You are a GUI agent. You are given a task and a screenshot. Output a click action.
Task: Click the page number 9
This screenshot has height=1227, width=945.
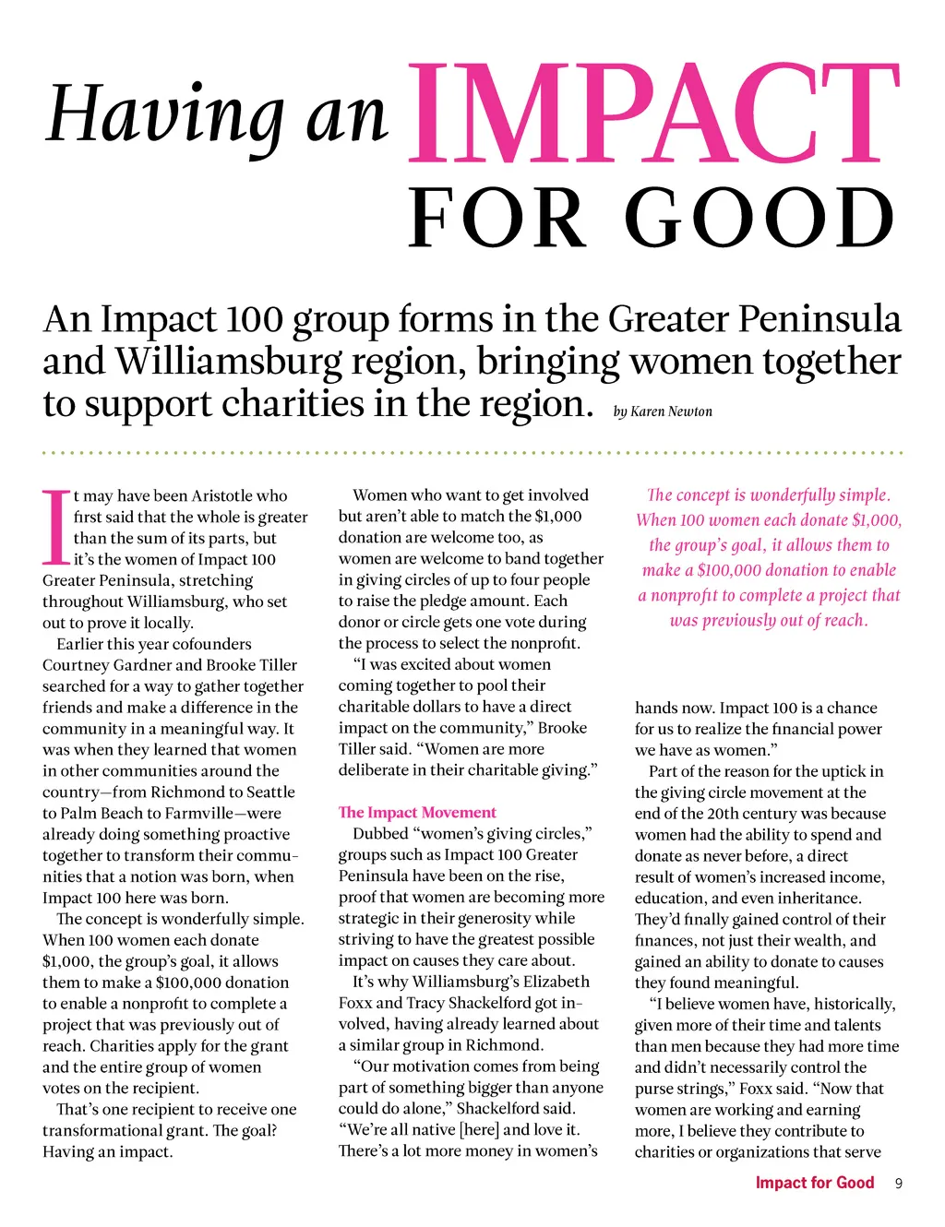click(x=898, y=1184)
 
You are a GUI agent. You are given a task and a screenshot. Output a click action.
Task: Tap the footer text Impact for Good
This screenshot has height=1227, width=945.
click(x=814, y=1183)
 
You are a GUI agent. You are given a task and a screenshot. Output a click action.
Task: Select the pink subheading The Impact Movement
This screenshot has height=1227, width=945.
click(x=417, y=813)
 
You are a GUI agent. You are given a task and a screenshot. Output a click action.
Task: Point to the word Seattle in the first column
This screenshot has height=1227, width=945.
click(x=270, y=792)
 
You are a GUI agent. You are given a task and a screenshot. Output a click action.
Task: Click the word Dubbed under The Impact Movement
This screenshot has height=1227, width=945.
click(x=380, y=834)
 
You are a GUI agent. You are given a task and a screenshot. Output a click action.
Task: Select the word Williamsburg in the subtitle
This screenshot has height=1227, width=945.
click(x=228, y=362)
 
